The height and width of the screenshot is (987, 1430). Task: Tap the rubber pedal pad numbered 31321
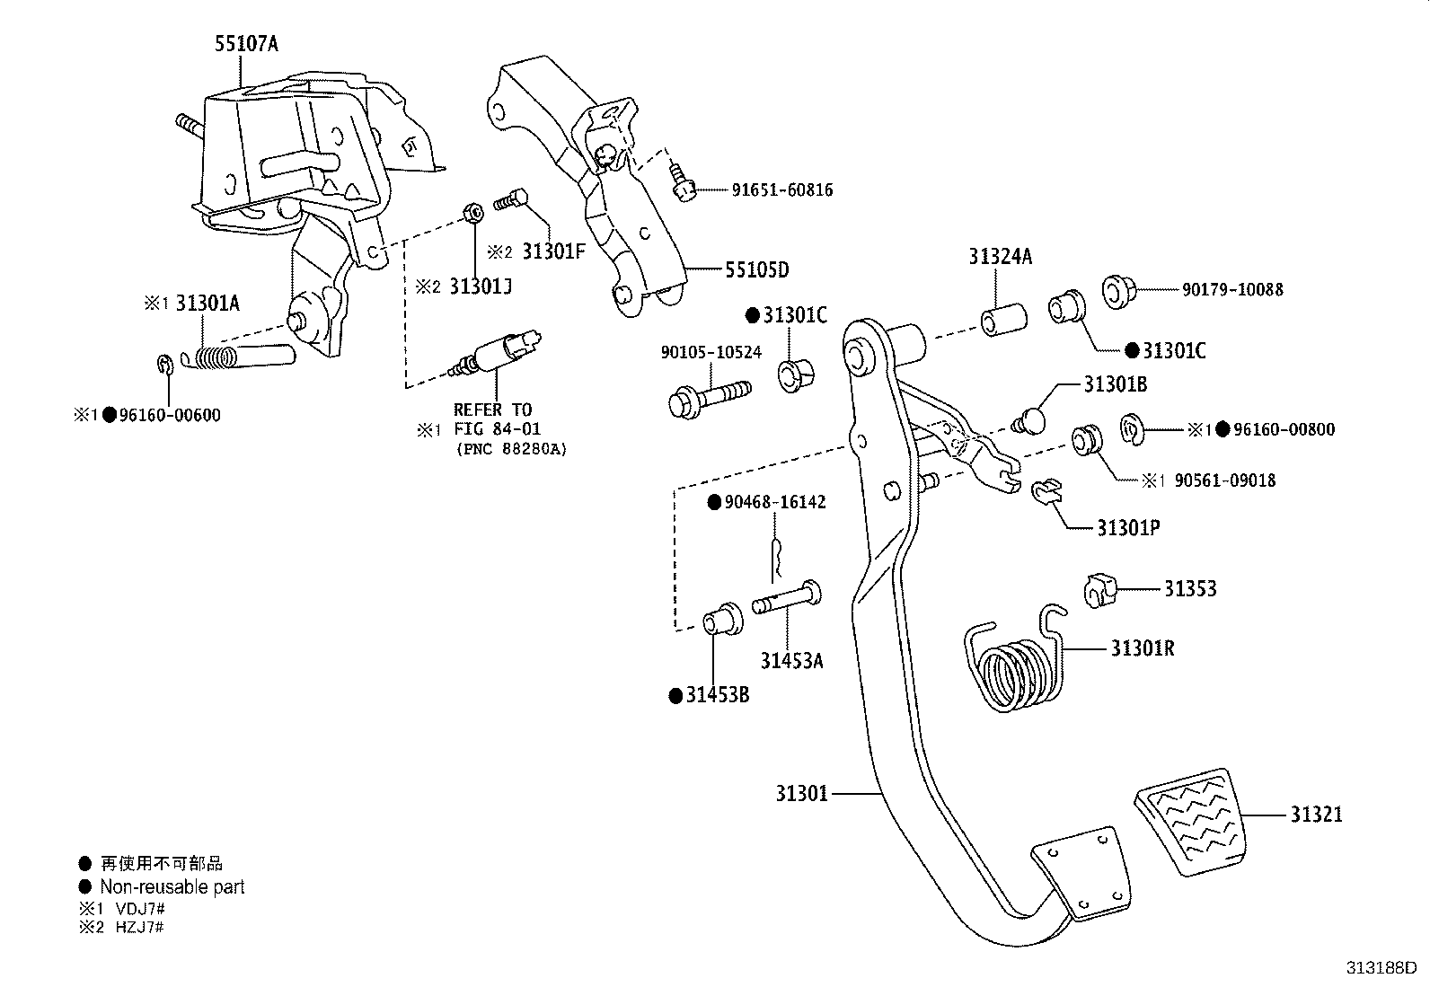point(1186,820)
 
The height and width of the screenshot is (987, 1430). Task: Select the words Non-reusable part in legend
point(172,887)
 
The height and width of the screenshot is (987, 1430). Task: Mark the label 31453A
point(791,661)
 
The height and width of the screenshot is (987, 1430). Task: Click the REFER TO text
point(492,410)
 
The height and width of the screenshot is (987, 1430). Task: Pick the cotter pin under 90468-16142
point(777,558)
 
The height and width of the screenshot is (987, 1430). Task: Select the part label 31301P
point(1128,528)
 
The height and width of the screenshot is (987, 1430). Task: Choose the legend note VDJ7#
point(131,908)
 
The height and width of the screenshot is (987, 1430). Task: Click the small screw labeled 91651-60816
point(683,184)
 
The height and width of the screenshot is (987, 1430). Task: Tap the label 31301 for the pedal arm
point(802,794)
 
